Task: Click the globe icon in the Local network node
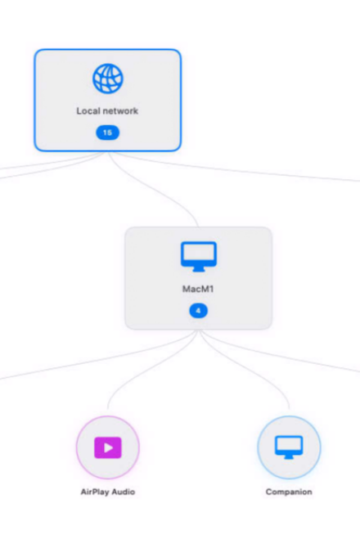107,79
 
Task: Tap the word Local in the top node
88,111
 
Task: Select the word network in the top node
120,111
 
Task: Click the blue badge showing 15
107,133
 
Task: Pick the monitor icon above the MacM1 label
198,257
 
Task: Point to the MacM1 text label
198,289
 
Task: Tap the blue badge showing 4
198,311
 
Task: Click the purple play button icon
108,447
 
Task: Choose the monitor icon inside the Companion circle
289,447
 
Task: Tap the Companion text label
289,492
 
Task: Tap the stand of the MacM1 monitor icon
198,269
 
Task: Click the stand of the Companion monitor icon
289,456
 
